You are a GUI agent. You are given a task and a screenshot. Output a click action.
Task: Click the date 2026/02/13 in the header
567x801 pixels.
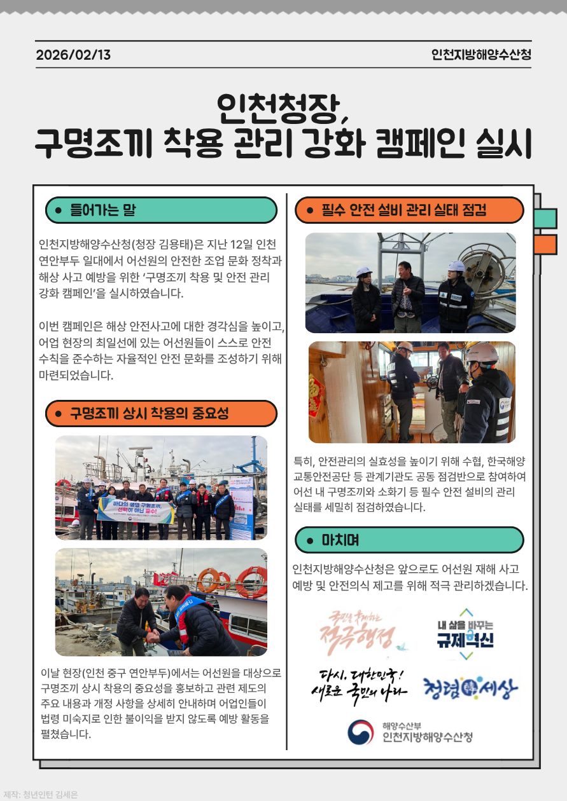click(73, 55)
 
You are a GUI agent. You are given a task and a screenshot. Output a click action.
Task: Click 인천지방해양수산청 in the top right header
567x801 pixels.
click(480, 55)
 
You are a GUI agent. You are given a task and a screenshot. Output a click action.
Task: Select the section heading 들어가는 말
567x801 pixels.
click(102, 210)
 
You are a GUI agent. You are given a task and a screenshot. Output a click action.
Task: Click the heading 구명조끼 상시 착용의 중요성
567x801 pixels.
click(149, 414)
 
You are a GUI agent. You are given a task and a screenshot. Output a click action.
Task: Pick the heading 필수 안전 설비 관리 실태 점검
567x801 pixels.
click(404, 210)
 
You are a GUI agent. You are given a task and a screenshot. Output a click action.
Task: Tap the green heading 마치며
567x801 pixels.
click(340, 540)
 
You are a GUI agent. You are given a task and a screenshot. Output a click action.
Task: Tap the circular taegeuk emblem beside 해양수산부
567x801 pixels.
click(361, 732)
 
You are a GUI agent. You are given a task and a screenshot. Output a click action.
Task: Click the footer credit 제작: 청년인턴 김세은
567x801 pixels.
click(40, 794)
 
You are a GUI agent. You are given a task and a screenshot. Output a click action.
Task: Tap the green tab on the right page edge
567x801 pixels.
click(545, 218)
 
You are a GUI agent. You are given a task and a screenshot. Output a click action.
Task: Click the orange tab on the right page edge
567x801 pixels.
click(545, 245)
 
